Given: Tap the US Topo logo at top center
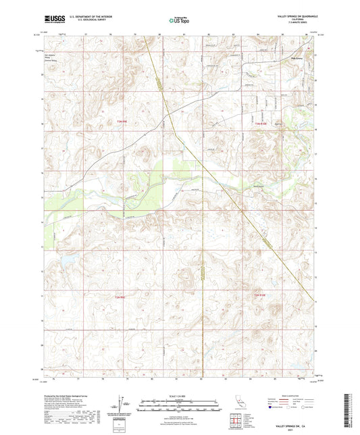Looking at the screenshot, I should [180, 20].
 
